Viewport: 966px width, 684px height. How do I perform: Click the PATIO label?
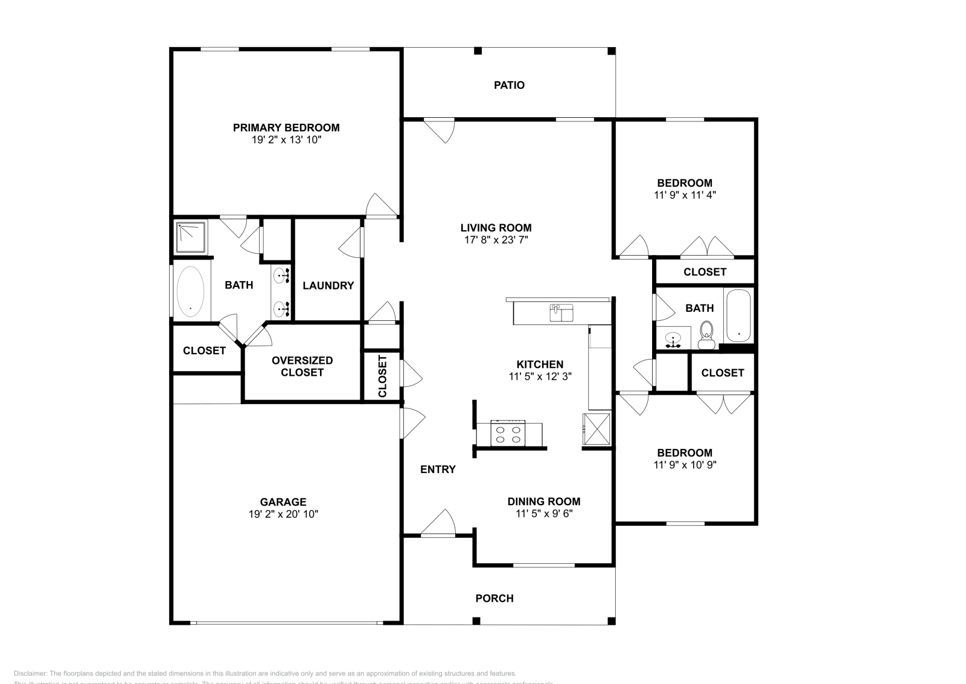pos(509,85)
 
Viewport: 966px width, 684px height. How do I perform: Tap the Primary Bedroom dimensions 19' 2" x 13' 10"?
pos(286,140)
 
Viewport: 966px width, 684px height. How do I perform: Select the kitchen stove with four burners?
pos(508,433)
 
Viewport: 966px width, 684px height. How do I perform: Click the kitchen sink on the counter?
pos(561,312)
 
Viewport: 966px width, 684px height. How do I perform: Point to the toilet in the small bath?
pos(706,334)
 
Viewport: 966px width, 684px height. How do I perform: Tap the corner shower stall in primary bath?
pos(191,237)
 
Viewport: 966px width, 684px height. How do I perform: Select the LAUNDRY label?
pos(328,286)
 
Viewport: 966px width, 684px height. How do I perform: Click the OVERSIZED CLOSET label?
pos(302,366)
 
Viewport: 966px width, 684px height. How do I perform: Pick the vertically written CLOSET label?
pos(382,376)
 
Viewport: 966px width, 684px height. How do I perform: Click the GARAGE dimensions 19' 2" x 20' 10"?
pos(283,514)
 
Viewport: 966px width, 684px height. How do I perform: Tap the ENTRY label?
pos(438,469)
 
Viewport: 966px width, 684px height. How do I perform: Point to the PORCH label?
pos(494,598)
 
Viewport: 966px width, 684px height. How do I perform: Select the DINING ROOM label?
pos(543,502)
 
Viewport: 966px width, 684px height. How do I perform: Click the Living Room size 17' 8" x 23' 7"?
pos(496,240)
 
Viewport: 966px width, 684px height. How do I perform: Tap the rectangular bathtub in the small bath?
pos(738,316)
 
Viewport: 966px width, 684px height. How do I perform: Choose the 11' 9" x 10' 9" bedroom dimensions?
pos(685,465)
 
